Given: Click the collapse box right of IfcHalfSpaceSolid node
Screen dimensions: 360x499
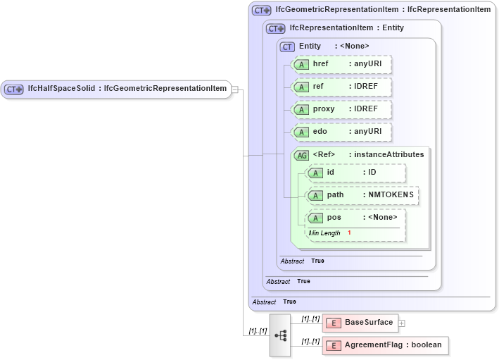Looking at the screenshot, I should pos(235,89).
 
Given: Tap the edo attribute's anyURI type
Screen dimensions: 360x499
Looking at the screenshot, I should pos(367,132).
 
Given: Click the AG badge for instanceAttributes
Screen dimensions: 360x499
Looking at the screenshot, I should pos(301,155).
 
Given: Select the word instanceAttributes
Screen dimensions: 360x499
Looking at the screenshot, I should pos(389,154).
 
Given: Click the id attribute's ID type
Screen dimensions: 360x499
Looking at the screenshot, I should pos(372,173).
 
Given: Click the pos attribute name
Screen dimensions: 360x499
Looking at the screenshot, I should pos(334,218).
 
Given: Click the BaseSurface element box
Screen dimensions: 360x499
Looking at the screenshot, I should pos(360,323).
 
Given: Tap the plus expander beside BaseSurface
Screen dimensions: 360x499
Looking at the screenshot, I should pos(402,323).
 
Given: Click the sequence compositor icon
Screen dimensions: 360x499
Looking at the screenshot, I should pos(280,335).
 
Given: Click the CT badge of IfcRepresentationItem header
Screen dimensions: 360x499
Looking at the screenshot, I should pos(275,29).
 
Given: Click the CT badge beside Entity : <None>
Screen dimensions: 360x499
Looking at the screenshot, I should pos(287,46).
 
